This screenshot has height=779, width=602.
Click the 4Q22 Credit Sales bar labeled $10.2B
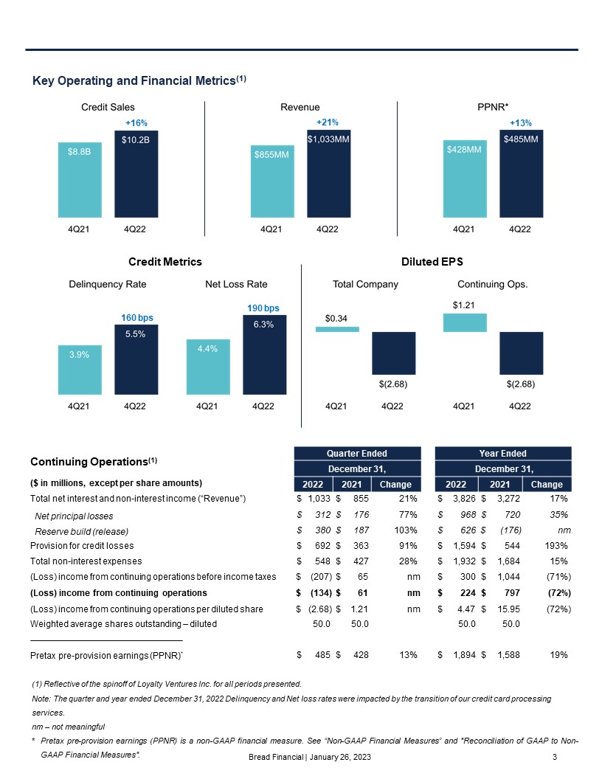coord(136,173)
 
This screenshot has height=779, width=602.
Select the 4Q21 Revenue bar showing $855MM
coord(271,181)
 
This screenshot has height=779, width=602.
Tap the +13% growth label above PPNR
coord(520,123)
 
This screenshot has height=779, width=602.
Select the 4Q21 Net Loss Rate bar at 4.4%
coord(208,367)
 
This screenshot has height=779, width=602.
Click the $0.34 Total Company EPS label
coord(336,318)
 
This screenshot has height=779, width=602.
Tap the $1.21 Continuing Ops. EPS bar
coord(465,322)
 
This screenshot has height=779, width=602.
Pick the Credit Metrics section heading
coord(165,262)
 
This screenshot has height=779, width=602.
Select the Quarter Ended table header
coord(357,453)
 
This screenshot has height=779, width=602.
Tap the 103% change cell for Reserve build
coord(406,530)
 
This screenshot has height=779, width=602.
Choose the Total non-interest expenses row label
coord(86,561)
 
